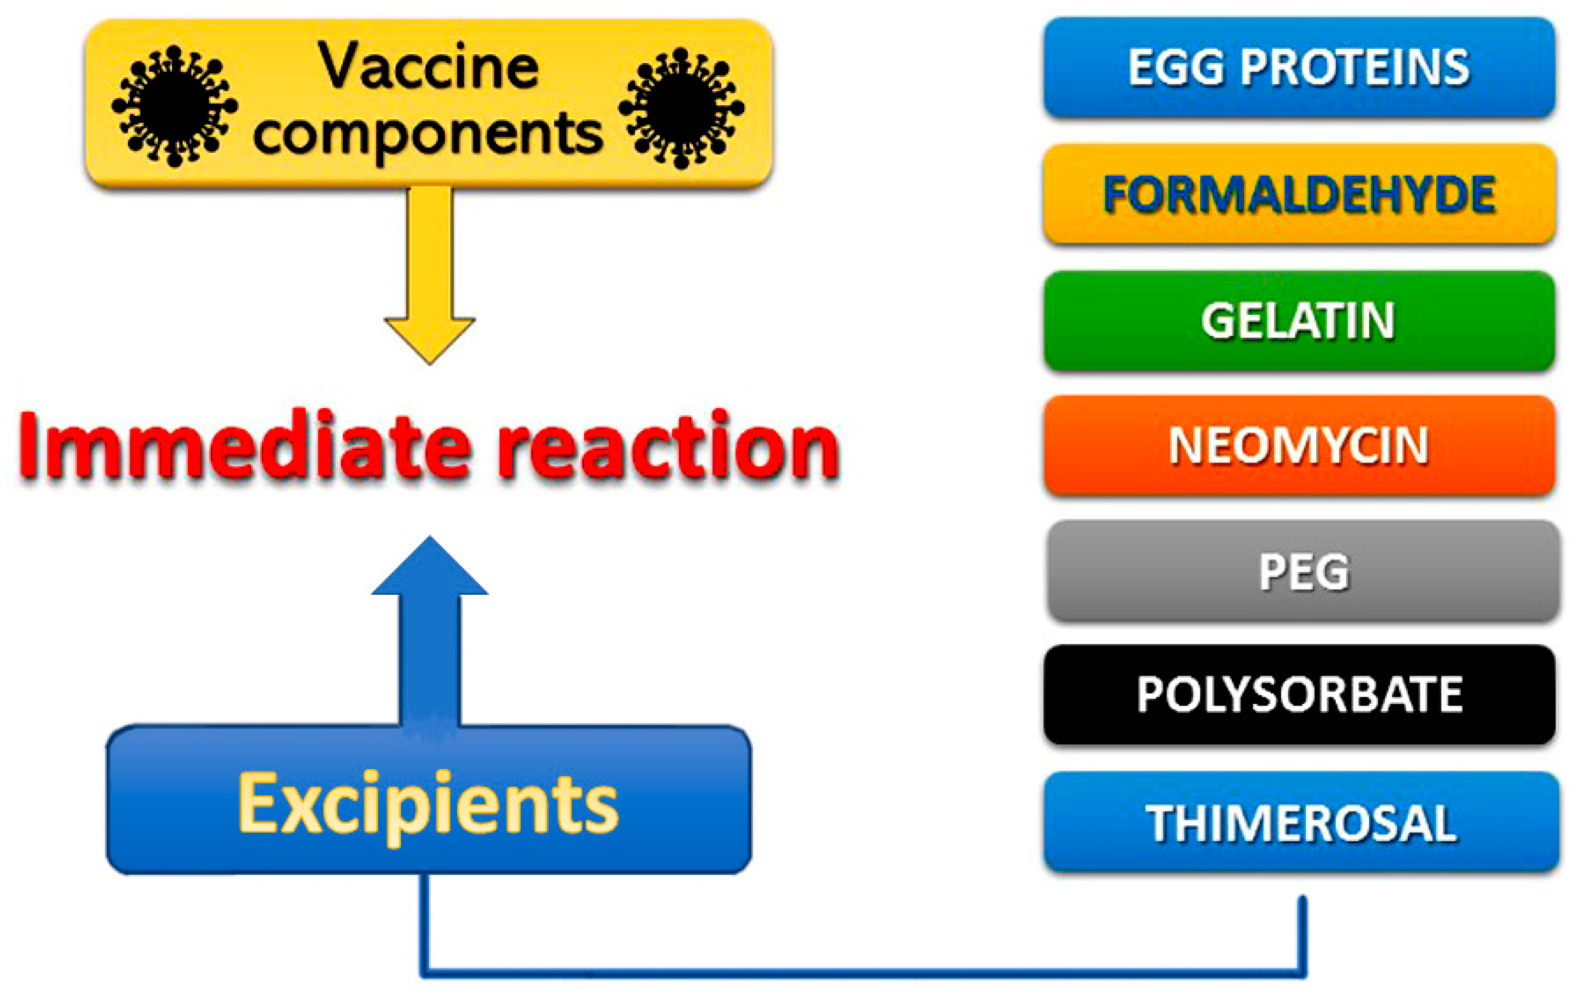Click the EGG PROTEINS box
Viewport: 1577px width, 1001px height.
click(1300, 67)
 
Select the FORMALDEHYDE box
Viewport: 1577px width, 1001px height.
click(1300, 194)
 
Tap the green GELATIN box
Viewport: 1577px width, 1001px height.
click(1300, 320)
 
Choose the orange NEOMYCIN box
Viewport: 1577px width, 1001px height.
click(1300, 445)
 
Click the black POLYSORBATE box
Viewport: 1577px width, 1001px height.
click(1300, 695)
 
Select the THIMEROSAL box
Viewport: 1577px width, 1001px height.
click(1301, 822)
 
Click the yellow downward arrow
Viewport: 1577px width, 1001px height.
click(430, 275)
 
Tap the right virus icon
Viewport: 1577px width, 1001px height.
click(682, 108)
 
